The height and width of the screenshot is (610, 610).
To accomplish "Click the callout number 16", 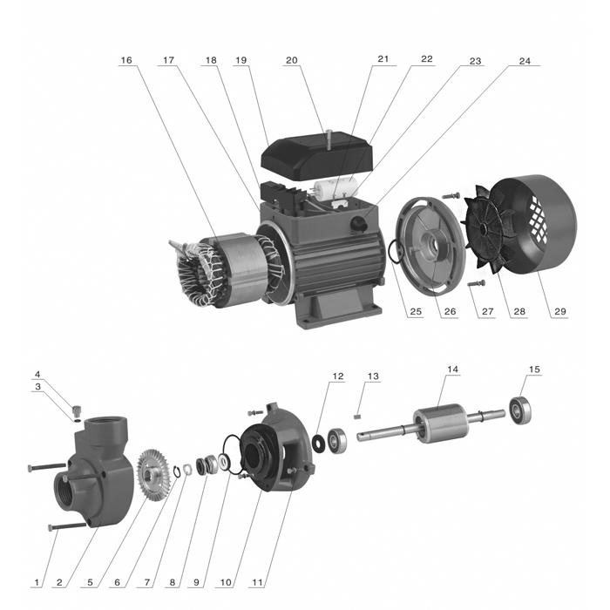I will pyautogui.click(x=126, y=61).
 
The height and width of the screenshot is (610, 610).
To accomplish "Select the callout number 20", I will pyautogui.click(x=291, y=61).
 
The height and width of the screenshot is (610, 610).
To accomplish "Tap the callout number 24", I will pyautogui.click(x=524, y=61).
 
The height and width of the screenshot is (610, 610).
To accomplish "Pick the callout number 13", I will pyautogui.click(x=374, y=376).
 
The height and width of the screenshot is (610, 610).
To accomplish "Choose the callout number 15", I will pyautogui.click(x=534, y=369).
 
